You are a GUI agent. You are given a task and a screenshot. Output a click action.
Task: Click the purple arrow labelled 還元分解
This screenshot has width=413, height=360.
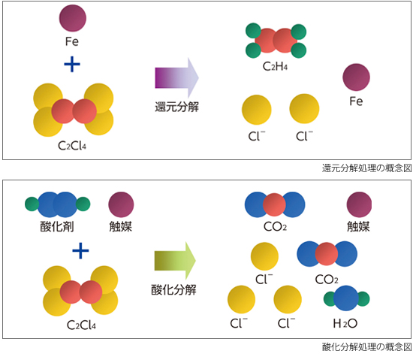click(176, 77)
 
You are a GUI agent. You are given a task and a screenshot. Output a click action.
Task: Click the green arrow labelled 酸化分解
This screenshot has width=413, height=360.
click(175, 260)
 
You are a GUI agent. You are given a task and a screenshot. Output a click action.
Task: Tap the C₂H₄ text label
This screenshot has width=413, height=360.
click(275, 66)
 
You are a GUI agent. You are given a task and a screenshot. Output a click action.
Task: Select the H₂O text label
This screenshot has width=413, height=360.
click(345, 323)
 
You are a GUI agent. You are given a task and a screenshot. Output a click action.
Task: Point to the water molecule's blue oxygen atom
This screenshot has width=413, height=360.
click(346, 298)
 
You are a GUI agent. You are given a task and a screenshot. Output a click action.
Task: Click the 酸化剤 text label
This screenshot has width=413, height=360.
click(57, 226)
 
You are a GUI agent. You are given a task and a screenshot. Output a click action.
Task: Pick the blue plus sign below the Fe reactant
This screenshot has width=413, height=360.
click(72, 64)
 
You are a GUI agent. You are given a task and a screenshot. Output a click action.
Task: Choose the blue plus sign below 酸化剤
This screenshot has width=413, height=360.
click(80, 250)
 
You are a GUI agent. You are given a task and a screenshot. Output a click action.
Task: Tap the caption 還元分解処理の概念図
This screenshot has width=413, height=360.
click(366, 168)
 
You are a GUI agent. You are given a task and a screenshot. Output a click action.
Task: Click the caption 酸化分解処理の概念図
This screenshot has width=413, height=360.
click(366, 346)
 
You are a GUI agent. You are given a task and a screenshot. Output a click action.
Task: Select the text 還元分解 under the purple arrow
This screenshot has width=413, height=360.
click(176, 107)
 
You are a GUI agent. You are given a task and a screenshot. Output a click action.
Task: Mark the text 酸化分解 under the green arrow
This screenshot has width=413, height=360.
click(174, 289)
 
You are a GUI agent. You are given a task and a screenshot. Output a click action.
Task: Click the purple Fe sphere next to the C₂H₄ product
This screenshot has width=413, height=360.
click(357, 77)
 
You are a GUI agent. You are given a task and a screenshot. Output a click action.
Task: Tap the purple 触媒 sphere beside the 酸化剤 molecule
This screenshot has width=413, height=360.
click(121, 204)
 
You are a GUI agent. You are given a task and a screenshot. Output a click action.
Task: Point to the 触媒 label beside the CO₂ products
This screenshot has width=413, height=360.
click(358, 226)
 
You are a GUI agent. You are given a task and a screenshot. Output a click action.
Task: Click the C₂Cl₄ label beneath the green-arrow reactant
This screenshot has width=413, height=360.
click(81, 325)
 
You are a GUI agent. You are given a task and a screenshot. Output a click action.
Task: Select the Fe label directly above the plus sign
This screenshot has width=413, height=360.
click(72, 41)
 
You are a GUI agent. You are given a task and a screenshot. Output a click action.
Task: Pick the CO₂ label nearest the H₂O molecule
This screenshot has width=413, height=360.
click(327, 280)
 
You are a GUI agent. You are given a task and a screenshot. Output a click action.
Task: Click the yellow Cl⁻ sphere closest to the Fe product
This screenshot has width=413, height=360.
click(304, 108)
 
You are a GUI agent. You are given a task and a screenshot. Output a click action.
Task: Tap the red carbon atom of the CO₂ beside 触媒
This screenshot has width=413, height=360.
click(274, 204)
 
